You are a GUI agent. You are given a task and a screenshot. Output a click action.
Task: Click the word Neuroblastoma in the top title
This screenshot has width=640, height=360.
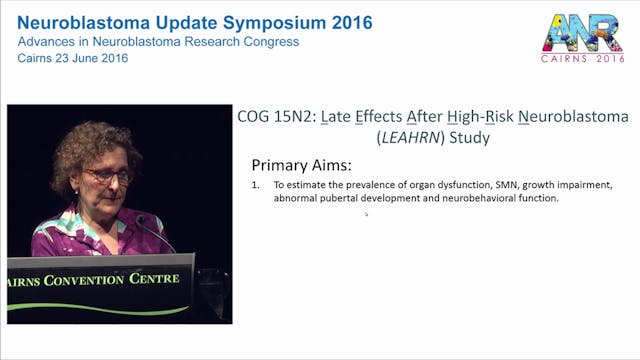(x=81, y=21)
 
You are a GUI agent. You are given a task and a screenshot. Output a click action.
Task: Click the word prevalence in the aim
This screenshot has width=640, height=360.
(x=354, y=186)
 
